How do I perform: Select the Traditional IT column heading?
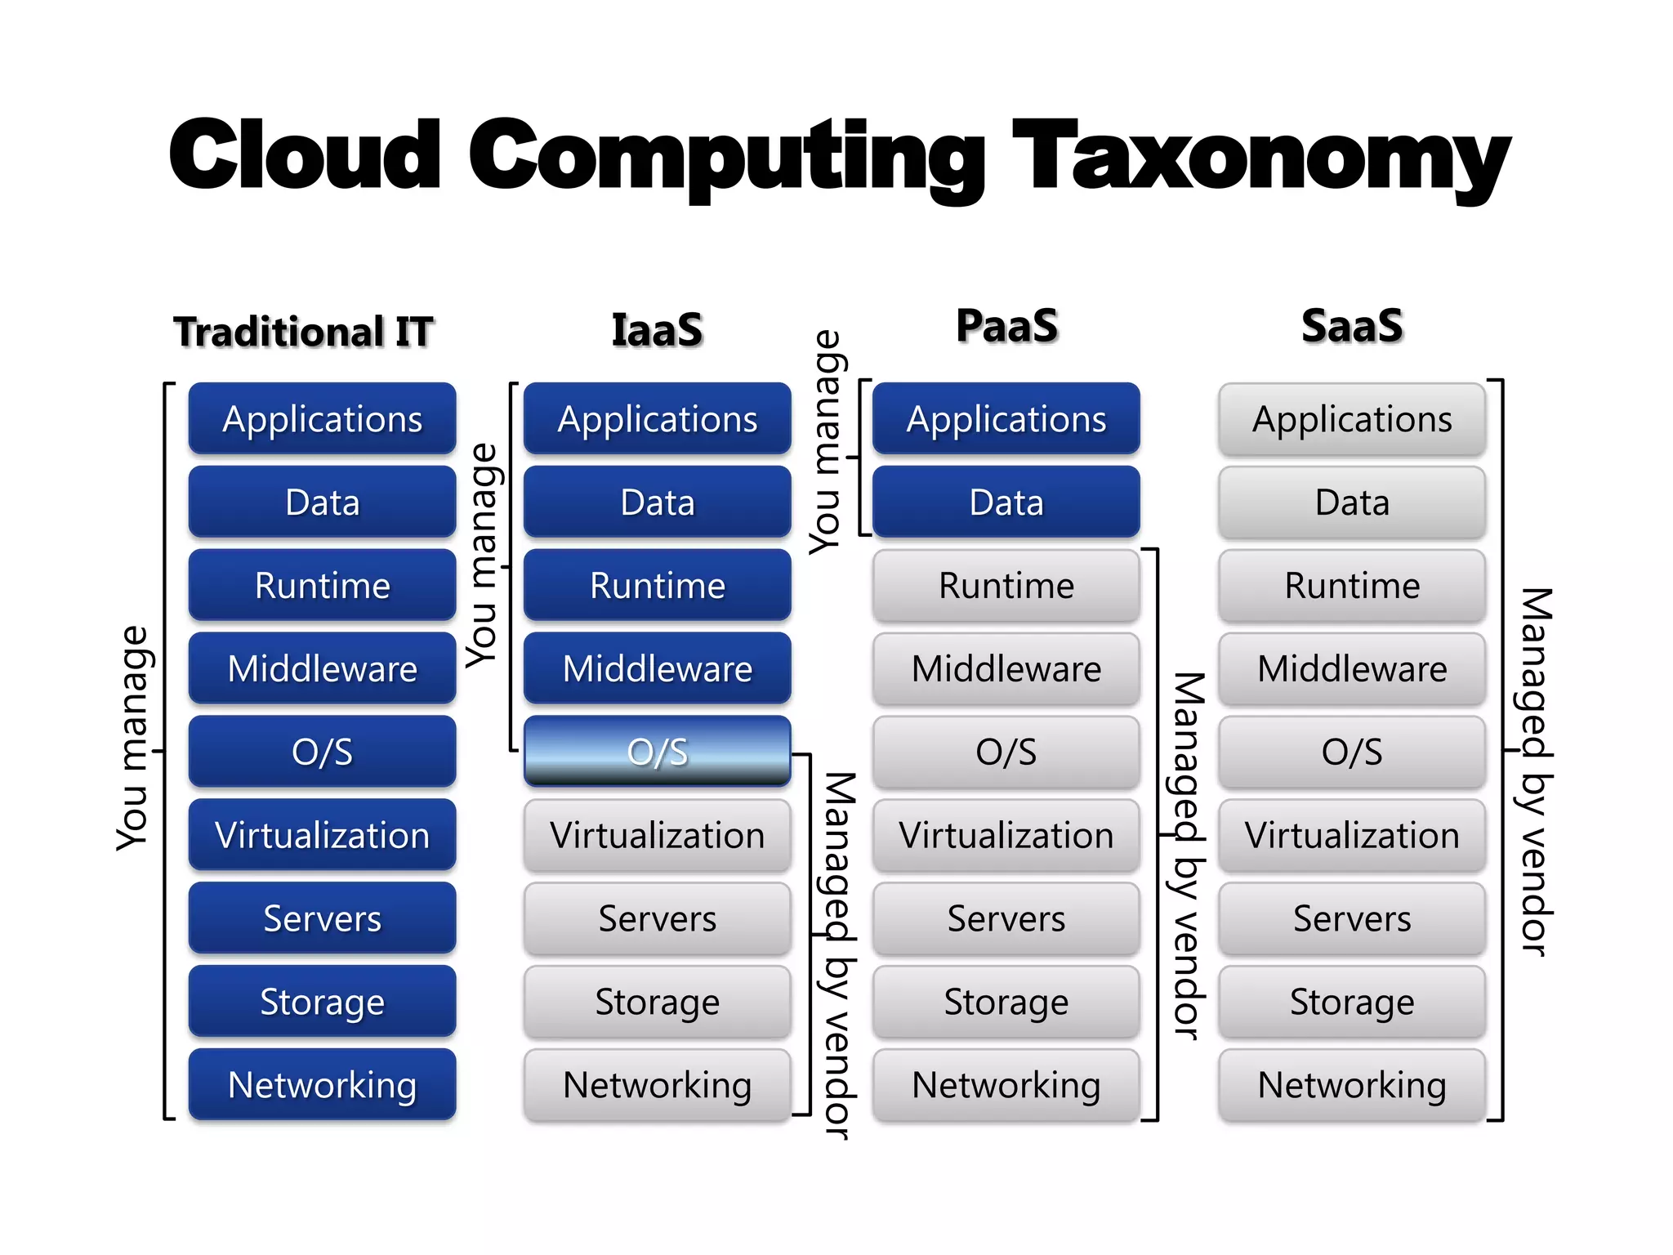coord(303,332)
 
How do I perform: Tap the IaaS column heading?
coord(657,330)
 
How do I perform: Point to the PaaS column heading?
coord(1006,326)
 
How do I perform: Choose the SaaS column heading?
coord(1352,326)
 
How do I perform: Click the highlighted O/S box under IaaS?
coord(657,751)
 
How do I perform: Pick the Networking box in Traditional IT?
coord(322,1084)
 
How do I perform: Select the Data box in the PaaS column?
coord(1006,502)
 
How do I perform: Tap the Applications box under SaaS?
coord(1352,419)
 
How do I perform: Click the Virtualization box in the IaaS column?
coord(657,835)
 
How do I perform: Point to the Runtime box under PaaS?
coord(1006,585)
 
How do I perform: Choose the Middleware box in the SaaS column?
coord(1352,668)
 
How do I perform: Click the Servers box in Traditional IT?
coord(322,918)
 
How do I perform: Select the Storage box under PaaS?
coord(1006,1002)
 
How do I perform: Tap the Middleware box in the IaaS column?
coord(657,668)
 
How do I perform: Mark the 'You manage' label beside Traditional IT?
coord(133,738)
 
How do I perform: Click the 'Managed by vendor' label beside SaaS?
coord(1535,771)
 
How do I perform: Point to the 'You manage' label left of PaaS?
coord(826,442)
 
